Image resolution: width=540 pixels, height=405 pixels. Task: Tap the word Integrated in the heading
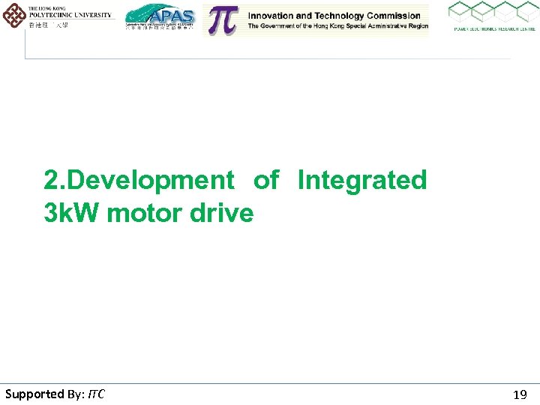361,181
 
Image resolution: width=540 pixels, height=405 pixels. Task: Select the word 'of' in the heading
265,180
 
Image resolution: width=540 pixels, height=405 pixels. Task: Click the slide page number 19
519,394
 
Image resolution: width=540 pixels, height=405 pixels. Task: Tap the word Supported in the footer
34,394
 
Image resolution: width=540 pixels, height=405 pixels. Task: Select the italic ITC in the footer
96,394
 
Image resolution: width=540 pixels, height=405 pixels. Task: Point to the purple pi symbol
222,20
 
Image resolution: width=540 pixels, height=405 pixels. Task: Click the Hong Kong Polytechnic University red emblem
13,15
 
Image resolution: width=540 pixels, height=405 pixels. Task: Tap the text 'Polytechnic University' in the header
70,15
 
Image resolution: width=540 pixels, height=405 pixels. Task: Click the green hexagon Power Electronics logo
493,13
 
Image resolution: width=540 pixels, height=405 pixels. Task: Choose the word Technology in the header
331,16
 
